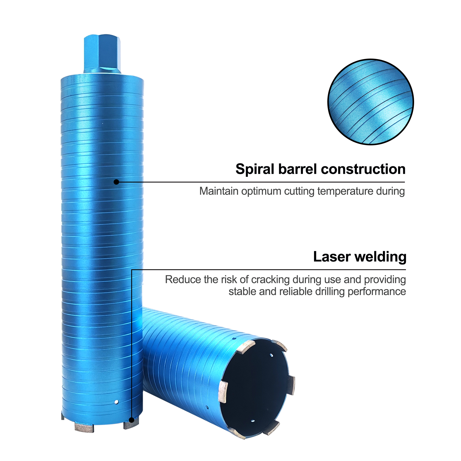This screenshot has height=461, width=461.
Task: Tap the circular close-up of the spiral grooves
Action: (370, 102)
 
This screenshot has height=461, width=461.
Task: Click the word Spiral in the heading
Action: (255, 169)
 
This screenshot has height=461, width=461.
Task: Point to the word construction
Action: (363, 169)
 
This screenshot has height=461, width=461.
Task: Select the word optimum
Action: (261, 191)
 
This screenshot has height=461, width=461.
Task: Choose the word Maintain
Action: (219, 191)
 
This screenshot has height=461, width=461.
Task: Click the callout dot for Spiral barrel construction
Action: (116, 182)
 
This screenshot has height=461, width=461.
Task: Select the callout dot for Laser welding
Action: (132, 420)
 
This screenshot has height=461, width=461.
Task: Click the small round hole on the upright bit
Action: (116, 402)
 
